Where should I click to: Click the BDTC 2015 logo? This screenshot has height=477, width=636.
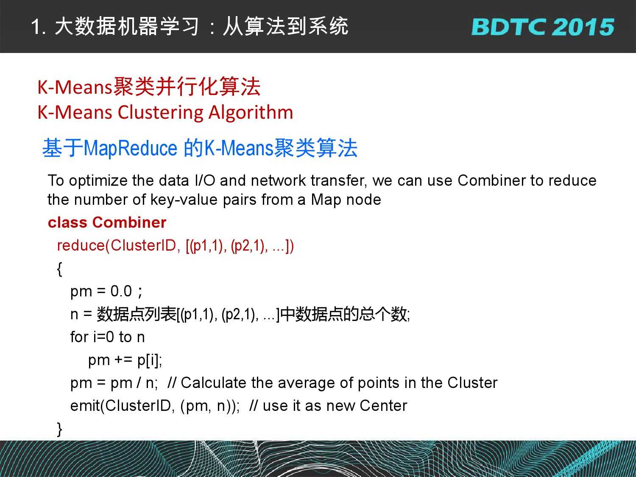[543, 27]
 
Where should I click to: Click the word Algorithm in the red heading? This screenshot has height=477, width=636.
[251, 113]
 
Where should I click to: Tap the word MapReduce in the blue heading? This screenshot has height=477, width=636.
[130, 148]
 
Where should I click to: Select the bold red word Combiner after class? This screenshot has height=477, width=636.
[129, 223]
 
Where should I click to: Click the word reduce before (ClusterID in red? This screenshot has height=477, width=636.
[81, 245]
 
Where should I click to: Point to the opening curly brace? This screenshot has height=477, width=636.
[59, 269]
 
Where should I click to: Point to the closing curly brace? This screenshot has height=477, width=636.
[59, 429]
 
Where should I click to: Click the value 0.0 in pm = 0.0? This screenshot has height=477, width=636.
[121, 291]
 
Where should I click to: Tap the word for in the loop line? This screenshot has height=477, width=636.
[79, 337]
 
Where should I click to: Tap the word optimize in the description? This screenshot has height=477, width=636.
[98, 181]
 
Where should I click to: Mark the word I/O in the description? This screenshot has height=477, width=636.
[205, 181]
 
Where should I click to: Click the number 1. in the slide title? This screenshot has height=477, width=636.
[39, 27]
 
